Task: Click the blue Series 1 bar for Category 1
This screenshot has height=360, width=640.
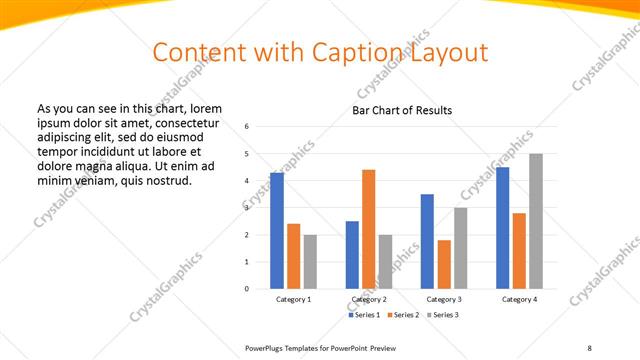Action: pyautogui.click(x=277, y=231)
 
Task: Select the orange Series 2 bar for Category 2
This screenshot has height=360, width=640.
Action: pyautogui.click(x=368, y=229)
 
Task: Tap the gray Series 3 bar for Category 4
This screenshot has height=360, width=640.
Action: pyautogui.click(x=536, y=221)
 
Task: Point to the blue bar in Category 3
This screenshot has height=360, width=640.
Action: pyautogui.click(x=427, y=241)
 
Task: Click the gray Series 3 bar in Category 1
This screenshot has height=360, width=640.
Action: pyautogui.click(x=310, y=262)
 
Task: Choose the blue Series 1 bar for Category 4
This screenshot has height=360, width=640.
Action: pyautogui.click(x=502, y=228)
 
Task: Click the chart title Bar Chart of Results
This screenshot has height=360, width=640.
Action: pyautogui.click(x=402, y=110)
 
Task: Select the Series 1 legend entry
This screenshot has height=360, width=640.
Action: pyautogui.click(x=363, y=315)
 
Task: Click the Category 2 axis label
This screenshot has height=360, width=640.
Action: pyautogui.click(x=368, y=299)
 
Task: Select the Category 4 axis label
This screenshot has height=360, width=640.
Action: pyautogui.click(x=519, y=299)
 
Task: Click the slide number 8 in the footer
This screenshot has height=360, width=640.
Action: pyautogui.click(x=588, y=347)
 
